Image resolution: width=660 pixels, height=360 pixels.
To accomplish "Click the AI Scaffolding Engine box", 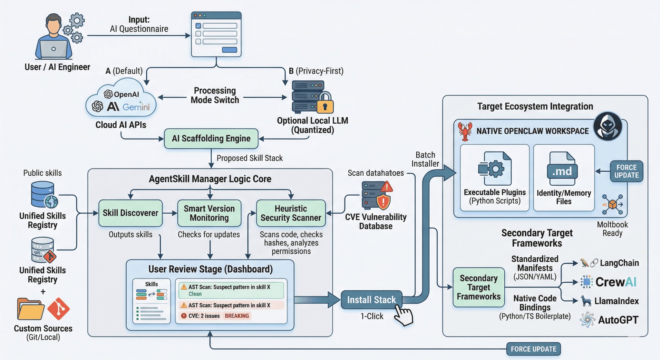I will click(x=211, y=139).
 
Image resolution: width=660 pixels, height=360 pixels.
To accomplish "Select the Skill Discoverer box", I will click(x=131, y=213).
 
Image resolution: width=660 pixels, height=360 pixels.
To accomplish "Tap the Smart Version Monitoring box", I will click(x=209, y=213).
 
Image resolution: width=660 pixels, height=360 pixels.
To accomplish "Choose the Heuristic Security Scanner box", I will click(x=291, y=213).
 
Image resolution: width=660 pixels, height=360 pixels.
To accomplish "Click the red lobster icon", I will click(x=465, y=131).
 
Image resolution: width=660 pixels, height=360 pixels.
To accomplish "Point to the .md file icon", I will click(x=562, y=169).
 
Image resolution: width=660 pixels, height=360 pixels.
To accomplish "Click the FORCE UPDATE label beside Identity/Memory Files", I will click(x=626, y=171).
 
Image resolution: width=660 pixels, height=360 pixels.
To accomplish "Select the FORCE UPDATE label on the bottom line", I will click(x=533, y=349).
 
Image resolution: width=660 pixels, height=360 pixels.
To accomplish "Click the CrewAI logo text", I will click(x=616, y=282).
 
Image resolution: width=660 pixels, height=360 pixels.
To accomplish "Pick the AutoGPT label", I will click(x=618, y=320).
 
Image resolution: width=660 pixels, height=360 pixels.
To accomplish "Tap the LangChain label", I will click(x=619, y=263).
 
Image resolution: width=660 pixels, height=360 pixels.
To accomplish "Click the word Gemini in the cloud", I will click(x=136, y=107).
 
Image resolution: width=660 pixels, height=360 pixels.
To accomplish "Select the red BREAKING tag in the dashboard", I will click(x=237, y=316).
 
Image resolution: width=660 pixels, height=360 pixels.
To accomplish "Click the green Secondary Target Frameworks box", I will click(x=479, y=287).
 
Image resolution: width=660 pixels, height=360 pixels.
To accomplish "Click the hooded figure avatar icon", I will click(x=608, y=126).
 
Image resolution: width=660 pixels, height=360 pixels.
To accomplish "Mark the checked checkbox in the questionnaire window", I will click(x=199, y=26).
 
